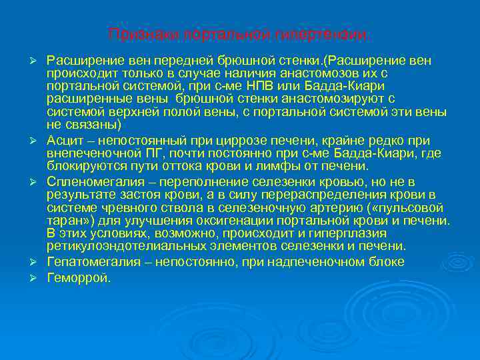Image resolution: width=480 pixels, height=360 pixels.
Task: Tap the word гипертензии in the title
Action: [x=330, y=33]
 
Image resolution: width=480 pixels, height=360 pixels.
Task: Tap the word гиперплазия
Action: [x=349, y=234]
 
